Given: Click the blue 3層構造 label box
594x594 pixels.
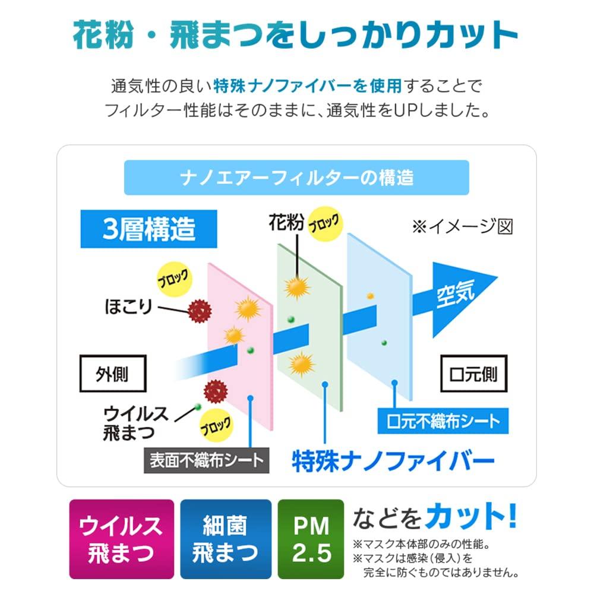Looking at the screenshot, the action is point(148,229).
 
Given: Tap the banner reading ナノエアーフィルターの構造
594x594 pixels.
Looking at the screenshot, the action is point(296,178).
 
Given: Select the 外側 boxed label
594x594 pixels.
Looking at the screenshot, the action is point(113,374).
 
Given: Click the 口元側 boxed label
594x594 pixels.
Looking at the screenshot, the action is point(473,374).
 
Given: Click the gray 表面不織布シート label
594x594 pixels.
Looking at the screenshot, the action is point(207,460).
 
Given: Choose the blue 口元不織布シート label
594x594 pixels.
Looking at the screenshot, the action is point(443,421).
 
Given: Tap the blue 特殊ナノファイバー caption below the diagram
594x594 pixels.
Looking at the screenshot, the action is point(393,461).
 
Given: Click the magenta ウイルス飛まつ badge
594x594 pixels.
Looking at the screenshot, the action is point(121,539).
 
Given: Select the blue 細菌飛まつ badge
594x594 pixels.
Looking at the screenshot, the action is point(226,539).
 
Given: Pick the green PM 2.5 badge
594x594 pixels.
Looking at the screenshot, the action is point(311,539).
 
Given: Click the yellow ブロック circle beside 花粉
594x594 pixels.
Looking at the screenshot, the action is point(325,224).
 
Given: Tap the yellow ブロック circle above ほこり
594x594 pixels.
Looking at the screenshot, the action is point(174,279).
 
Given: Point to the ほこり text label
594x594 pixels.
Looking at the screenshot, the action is point(128,307).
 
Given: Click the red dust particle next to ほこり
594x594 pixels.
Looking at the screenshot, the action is point(200,311).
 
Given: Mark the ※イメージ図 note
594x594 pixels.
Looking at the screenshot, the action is point(463,226).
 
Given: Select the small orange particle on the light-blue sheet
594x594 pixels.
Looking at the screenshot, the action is point(371,296).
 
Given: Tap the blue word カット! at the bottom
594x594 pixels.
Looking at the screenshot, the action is point(470,516).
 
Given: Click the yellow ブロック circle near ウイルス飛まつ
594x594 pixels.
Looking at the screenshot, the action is point(216,425).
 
